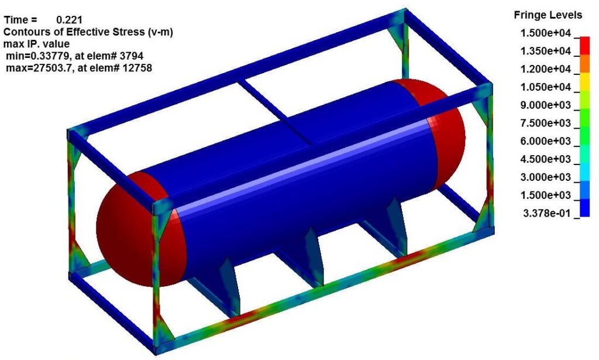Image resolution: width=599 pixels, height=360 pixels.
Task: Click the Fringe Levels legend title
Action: pyautogui.click(x=548, y=15)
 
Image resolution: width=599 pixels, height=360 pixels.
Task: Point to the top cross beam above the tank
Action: pyautogui.click(x=275, y=108)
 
